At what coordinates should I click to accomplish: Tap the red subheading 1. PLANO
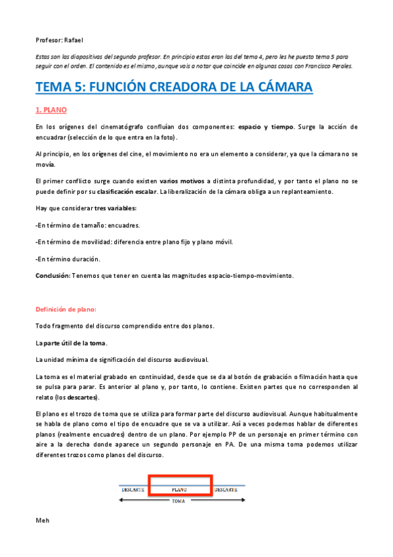51,110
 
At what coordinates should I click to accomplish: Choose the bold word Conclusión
52,275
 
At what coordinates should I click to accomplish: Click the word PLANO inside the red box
179,489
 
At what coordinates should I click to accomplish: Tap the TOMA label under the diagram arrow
178,502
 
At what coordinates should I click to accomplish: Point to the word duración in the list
87,259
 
